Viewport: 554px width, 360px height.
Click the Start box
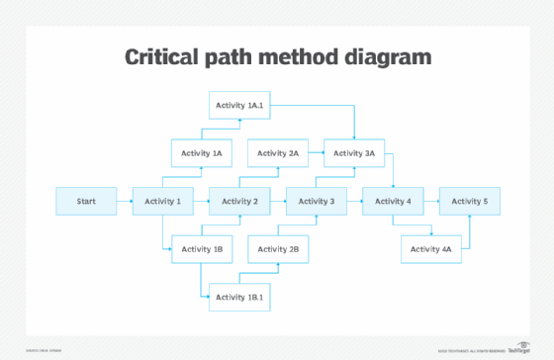coord(86,202)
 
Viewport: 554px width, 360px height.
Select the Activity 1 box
coord(162,202)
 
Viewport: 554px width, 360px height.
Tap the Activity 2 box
coord(239,202)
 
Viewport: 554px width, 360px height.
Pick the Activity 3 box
coord(317,202)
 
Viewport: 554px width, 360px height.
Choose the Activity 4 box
coord(393,202)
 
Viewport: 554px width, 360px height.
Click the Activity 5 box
coord(470,202)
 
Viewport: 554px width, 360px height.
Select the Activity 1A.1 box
coord(239,106)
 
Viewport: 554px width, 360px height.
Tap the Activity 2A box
coord(278,153)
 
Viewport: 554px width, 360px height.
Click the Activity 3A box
coord(355,153)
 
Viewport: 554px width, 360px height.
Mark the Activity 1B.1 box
coord(239,297)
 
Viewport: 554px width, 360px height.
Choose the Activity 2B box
coord(278,249)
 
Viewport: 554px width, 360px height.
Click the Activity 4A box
coord(431,249)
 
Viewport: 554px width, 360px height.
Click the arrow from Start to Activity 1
coord(125,202)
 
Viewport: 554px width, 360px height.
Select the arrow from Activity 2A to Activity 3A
coord(317,153)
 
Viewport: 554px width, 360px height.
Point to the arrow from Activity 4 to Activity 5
coord(431,202)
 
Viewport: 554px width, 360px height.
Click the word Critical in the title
coord(166,56)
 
